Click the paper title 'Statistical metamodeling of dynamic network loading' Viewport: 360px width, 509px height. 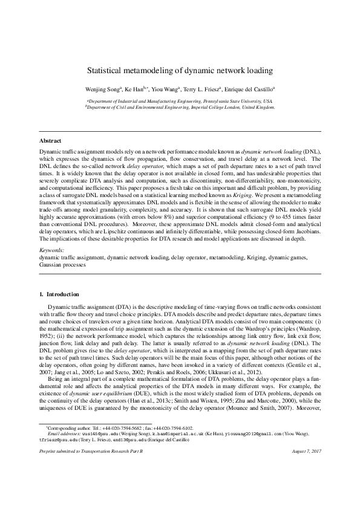coord(180,70)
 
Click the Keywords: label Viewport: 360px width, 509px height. coord(52,250)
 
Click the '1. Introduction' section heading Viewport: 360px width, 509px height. coord(59,294)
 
